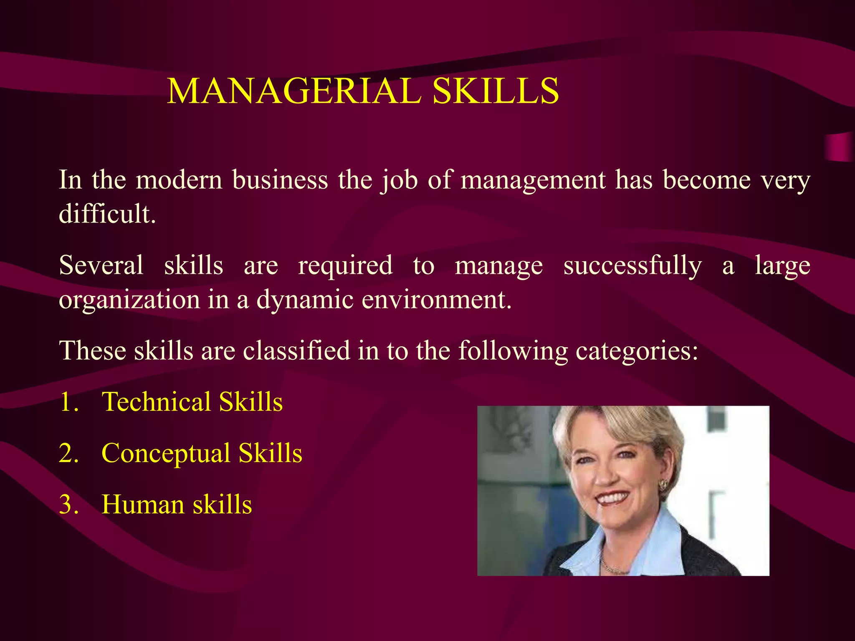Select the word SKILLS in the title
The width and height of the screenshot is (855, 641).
[x=496, y=91]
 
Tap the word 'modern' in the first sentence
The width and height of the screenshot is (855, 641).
[x=179, y=180]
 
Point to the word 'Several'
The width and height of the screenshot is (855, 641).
[x=101, y=265]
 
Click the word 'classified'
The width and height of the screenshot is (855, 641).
[x=296, y=351]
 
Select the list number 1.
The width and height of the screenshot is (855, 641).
[x=68, y=402]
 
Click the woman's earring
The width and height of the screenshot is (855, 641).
[x=663, y=485]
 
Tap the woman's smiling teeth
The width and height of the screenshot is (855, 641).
[x=613, y=498]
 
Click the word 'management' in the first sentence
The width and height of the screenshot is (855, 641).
[x=533, y=180]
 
